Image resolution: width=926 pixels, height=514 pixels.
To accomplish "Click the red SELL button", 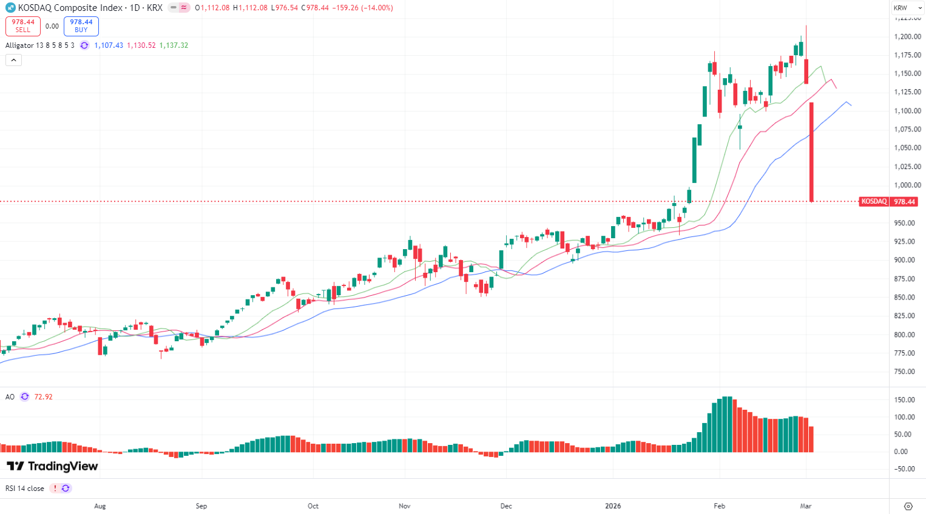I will (x=23, y=26).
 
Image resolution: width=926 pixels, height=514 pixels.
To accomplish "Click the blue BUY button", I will (x=81, y=26).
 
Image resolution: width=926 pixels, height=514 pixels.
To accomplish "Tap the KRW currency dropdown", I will (x=907, y=8).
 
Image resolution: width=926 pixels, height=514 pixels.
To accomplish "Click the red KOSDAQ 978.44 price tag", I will (x=888, y=202).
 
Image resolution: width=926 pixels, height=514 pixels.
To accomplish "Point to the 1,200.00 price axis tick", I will (x=907, y=37).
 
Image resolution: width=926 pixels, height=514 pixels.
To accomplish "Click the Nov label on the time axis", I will (x=405, y=506).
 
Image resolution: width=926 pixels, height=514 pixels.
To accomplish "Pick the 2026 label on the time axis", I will (x=613, y=506).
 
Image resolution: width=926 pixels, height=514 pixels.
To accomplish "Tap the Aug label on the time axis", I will (x=100, y=506).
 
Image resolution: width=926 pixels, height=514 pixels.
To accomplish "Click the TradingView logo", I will (x=52, y=466).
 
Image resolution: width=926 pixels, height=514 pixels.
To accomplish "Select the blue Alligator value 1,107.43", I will (x=109, y=45).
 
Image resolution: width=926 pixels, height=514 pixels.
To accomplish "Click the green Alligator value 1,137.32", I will (x=174, y=45).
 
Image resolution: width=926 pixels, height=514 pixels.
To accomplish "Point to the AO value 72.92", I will (x=44, y=397).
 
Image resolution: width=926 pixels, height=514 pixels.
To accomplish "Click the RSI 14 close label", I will (x=25, y=489).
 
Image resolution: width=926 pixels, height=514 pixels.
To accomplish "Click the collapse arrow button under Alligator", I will (x=13, y=60).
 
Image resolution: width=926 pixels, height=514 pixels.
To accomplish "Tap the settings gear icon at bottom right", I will (x=908, y=506).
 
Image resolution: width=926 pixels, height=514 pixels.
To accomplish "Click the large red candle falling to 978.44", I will (x=812, y=152).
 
